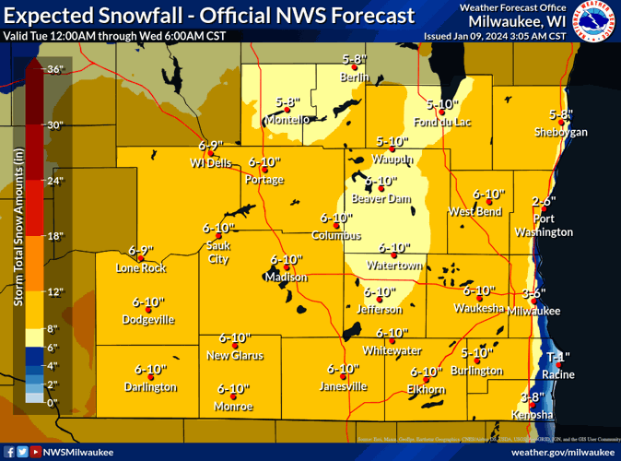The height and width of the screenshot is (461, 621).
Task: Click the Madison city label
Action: click(286, 278)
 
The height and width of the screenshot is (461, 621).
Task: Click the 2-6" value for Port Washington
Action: click(545, 201)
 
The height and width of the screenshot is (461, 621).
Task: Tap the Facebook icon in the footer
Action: click(9, 452)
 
